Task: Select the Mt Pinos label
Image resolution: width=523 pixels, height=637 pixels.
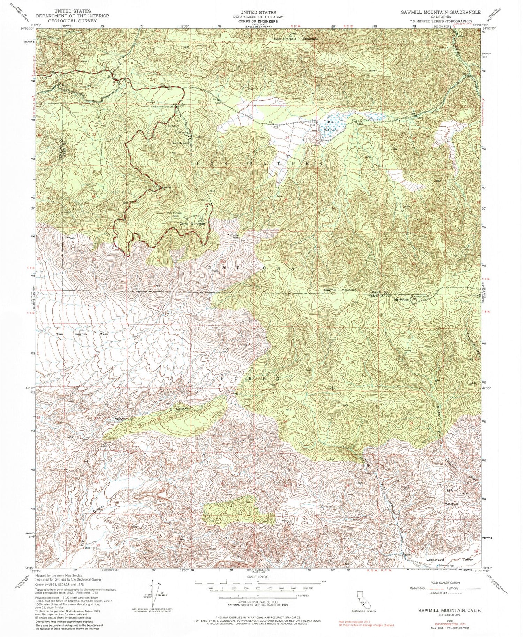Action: [x=401, y=299]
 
